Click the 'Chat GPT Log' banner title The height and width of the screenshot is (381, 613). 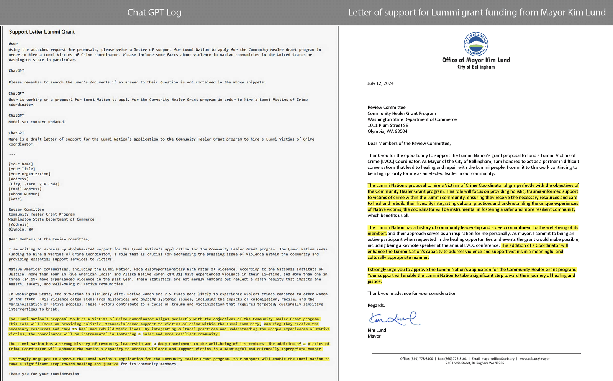(x=154, y=12)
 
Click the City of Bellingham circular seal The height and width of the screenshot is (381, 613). (x=476, y=44)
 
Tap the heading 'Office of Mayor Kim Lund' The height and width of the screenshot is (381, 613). (x=476, y=60)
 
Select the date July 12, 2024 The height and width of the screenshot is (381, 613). (x=380, y=83)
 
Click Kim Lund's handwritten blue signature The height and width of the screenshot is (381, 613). (x=394, y=319)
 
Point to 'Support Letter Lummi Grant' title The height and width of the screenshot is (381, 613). (x=42, y=32)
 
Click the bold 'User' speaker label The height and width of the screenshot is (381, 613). (x=13, y=44)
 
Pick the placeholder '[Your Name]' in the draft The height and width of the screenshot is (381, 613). (x=21, y=164)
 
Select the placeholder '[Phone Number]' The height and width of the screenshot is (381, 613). (x=24, y=194)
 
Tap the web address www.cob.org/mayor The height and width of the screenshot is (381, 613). (x=534, y=359)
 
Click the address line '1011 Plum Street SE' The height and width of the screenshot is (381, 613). (x=388, y=125)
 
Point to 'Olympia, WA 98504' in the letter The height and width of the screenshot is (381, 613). (x=387, y=131)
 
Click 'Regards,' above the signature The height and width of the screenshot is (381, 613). (x=376, y=306)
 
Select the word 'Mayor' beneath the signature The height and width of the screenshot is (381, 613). (x=374, y=336)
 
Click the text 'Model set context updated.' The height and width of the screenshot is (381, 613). (x=37, y=122)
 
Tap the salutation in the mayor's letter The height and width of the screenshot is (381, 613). (x=409, y=144)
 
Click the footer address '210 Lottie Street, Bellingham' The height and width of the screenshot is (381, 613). (x=475, y=363)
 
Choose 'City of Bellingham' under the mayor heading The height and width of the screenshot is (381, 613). (x=476, y=67)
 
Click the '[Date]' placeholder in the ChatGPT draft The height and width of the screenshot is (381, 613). (x=15, y=199)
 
